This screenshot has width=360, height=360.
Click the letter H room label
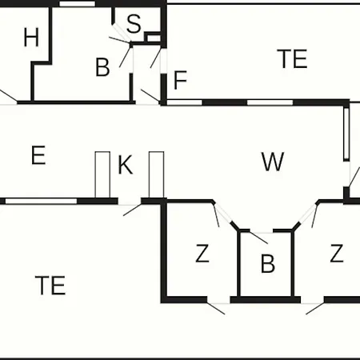coord(31,38)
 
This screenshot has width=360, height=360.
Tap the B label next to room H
coord(102,67)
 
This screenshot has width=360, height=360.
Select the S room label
coord(134,24)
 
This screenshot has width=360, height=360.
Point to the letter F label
coord(180,80)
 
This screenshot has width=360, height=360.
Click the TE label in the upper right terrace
coord(292,58)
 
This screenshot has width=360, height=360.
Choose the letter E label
coord(38,155)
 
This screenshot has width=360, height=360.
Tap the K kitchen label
coord(126,164)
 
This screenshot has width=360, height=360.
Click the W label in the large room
coord(273,162)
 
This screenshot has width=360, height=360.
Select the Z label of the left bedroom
coord(202,254)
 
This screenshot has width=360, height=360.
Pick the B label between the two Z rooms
coord(268,263)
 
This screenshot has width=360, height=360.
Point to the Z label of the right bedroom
coord(337,254)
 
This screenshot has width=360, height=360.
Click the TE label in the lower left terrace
coord(50,285)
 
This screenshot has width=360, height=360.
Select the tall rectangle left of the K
coord(102,174)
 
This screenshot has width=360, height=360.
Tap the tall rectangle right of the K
coord(157,174)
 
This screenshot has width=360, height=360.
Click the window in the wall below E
coord(42,201)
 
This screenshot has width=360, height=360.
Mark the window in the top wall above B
coord(77,4)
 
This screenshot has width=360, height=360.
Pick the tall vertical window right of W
coord(346,134)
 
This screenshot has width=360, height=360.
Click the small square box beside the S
coord(154,38)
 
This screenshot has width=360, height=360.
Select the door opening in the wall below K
coord(130,202)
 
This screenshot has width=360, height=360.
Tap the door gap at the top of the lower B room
coord(262,230)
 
